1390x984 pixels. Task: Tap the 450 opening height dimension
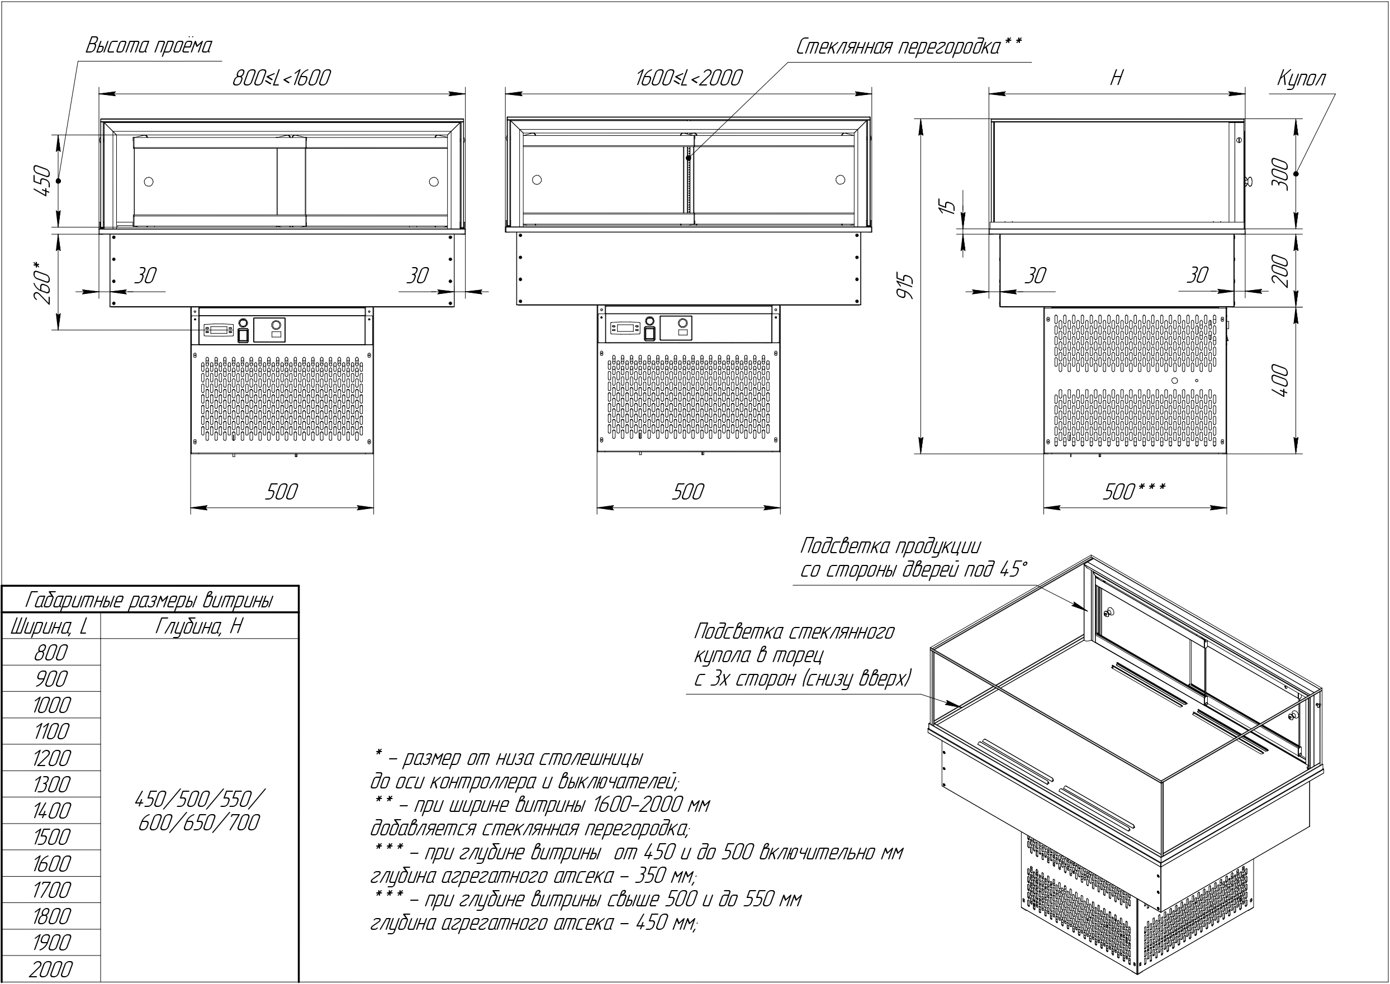[42, 180]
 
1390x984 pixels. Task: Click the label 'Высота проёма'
[149, 46]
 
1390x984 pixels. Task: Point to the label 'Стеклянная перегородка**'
[908, 46]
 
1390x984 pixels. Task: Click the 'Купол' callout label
[1301, 79]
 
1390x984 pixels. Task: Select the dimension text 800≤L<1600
[282, 78]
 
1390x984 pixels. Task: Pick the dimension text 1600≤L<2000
[689, 78]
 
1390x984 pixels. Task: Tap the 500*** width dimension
[1133, 492]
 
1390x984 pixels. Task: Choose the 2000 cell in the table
[51, 969]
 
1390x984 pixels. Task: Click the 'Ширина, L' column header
[49, 626]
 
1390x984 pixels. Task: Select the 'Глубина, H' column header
[199, 626]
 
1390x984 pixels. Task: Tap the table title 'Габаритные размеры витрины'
[149, 601]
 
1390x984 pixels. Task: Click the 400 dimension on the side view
[1280, 381]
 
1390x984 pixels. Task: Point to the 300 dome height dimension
[1280, 174]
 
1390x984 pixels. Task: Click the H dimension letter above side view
[1117, 78]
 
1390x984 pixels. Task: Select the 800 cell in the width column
[51, 653]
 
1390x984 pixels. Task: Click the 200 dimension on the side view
[1280, 270]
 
